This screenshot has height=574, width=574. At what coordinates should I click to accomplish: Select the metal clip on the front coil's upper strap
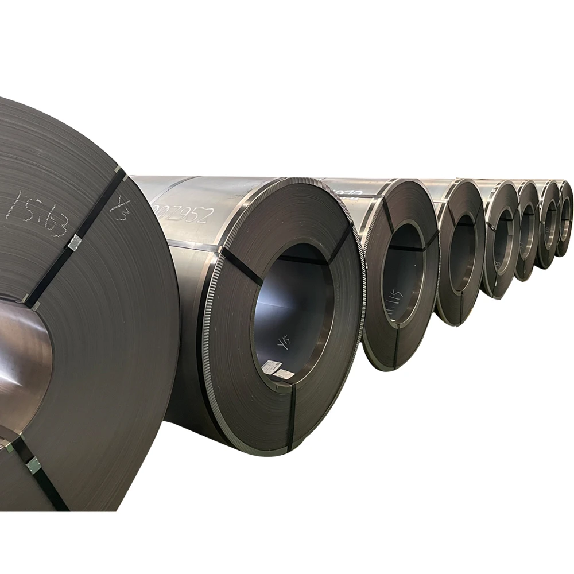pos(75,243)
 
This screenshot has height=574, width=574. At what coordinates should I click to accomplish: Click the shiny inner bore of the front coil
pos(23,367)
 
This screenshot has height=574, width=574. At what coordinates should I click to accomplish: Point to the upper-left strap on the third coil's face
pos(386,216)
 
